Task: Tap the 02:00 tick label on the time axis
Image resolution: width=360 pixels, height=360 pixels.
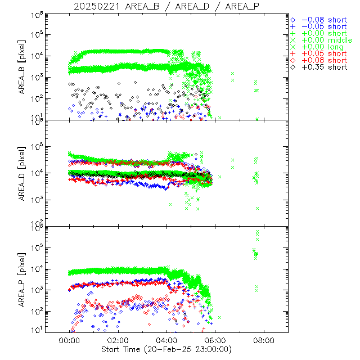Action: [x=118, y=340]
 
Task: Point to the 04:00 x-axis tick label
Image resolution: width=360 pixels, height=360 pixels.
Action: [x=167, y=340]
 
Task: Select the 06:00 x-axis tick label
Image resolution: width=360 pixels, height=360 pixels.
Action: [x=215, y=340]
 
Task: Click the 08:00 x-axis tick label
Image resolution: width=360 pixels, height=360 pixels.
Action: [x=264, y=340]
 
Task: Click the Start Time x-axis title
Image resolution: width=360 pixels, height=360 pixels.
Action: [x=166, y=349]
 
